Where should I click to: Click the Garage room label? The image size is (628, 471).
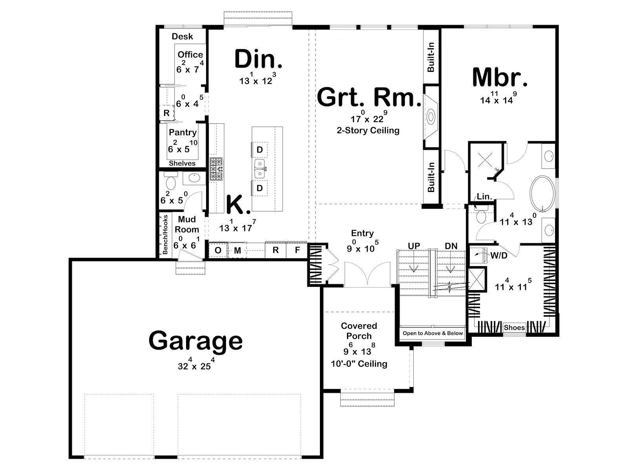coord(196,341)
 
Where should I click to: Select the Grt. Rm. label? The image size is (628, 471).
coord(369,97)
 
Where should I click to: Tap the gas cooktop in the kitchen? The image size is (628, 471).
coord(217,169)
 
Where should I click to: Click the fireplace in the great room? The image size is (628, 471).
coord(431,117)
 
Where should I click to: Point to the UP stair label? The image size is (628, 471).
coord(414,246)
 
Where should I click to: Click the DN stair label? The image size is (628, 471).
coord(451,246)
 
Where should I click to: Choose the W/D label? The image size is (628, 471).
coord(499,256)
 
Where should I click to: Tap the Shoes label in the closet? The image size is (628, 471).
coord(515,328)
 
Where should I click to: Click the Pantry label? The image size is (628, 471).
coord(183,132)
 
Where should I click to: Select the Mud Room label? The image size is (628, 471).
coord(187,225)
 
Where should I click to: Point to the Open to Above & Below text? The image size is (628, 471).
coord(433,333)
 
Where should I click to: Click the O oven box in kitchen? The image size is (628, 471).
coord(218,250)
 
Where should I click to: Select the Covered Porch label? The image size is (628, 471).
coord(359,331)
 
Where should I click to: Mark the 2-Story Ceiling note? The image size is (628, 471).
coord(368,130)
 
